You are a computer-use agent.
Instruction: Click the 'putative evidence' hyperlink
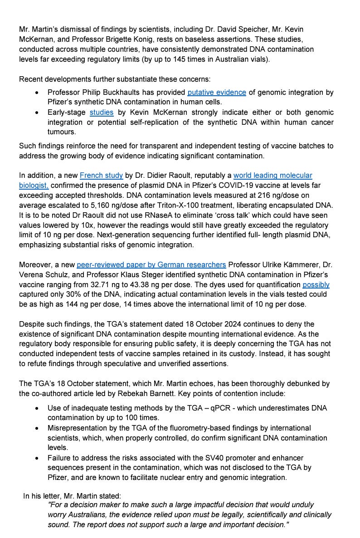(x=217, y=93)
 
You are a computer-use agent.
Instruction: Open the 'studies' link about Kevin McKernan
(x=101, y=112)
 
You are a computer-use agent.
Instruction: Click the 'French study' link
(x=95, y=175)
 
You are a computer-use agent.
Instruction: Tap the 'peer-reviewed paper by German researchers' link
(x=151, y=264)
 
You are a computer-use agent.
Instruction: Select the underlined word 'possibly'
(x=316, y=284)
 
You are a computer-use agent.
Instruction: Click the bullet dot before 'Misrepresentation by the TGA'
(x=37, y=428)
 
